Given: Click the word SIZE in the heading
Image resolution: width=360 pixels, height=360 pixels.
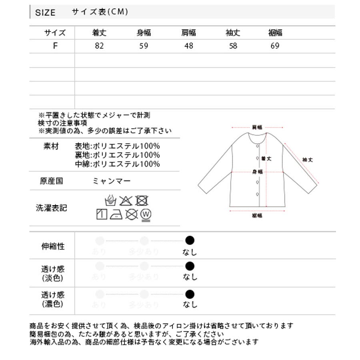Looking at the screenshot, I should coord(45,12).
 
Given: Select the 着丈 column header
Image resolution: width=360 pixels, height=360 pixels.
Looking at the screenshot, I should coord(100,33).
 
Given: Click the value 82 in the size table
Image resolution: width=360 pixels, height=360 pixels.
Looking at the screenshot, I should coord(100,46).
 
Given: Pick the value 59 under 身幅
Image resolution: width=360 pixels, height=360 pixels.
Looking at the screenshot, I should coord(144,46).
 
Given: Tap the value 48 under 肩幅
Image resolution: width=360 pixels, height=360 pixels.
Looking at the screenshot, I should coord(188,46).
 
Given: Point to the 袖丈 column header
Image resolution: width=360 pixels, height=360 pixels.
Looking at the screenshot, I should coord(233,33).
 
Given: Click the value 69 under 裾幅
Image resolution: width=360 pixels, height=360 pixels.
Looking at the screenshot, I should coord(275,46).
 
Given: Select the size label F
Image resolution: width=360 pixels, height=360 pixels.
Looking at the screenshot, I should coord(55,46).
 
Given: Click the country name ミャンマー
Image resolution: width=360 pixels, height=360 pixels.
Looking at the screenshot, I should coord(112,181).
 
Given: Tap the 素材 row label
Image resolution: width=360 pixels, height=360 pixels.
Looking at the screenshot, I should coord(51,146).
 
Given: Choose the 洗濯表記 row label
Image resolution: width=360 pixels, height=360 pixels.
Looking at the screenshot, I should coord(51,208).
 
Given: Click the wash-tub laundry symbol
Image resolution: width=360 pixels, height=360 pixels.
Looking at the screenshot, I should coord(110,200).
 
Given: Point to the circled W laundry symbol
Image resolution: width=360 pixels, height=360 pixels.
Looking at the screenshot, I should coord(146,215).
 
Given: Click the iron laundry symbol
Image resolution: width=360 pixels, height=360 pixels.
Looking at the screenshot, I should coord(116,215).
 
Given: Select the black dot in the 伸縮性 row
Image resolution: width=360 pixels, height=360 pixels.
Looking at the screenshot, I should coord(190,240).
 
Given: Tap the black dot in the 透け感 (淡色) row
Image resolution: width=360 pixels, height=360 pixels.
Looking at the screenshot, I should coord(190,266).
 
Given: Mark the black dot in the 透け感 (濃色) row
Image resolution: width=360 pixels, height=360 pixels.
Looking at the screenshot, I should coord(190,295).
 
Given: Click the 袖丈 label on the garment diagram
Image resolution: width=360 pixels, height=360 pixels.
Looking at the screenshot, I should coord(308,160).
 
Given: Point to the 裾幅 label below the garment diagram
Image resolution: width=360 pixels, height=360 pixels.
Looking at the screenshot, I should coord(257,216).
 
